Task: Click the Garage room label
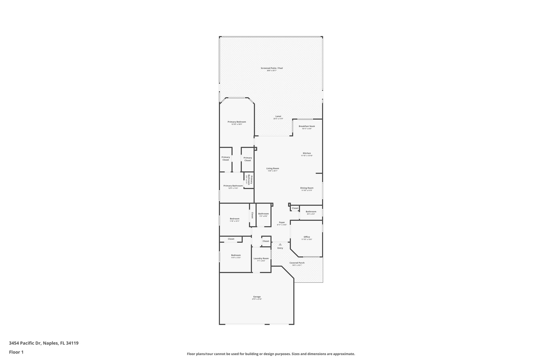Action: (257, 297)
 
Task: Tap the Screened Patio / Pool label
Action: (272, 68)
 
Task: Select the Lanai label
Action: (278, 116)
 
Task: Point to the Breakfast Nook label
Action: (307, 126)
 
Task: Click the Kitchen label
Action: (307, 153)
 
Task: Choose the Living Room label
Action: (273, 168)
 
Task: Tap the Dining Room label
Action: (307, 188)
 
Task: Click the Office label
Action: (307, 237)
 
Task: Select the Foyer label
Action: (282, 222)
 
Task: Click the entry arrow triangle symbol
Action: (280, 244)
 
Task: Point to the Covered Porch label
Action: (297, 263)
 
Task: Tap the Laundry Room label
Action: (261, 258)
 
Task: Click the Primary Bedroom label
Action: (237, 122)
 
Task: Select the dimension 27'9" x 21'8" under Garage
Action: (257, 299)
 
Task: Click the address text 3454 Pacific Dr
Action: (25, 343)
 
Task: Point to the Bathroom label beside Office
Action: (311, 212)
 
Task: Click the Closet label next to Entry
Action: (266, 241)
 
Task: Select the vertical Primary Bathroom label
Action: (250, 180)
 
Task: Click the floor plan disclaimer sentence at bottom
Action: (271, 354)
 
